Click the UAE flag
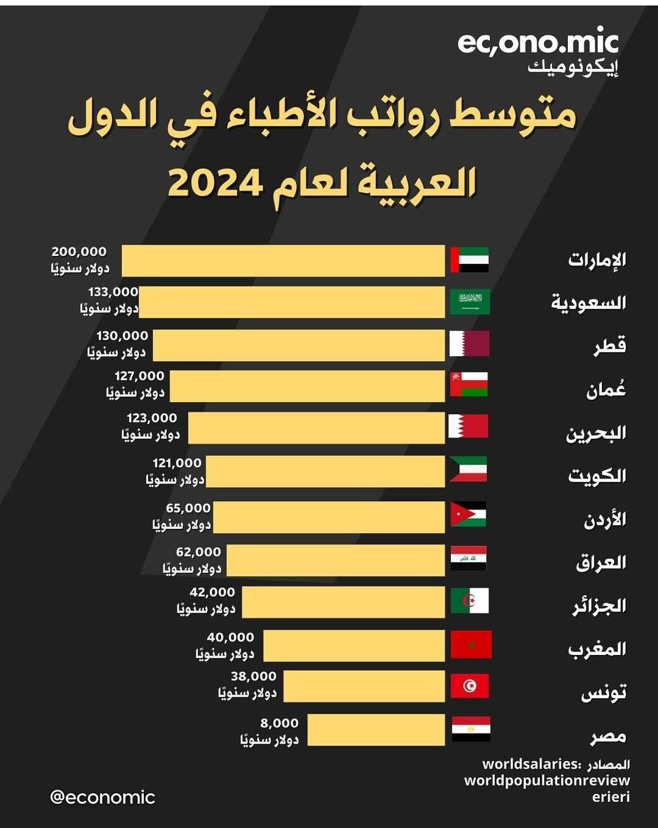click(469, 260)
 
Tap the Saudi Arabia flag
click(469, 302)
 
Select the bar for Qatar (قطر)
click(299, 345)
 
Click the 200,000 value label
click(79, 252)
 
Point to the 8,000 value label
click(279, 723)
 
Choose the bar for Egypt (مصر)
click(376, 730)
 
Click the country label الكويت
click(596, 476)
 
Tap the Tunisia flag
click(469, 686)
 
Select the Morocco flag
click(470, 645)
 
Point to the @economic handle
click(102, 797)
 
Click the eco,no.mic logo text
click(537, 43)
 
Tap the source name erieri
click(610, 797)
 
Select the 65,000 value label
click(188, 508)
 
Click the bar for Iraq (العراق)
click(336, 561)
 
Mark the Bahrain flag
click(468, 426)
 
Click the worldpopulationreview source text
click(547, 780)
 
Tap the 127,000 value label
click(140, 377)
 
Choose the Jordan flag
click(468, 514)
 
